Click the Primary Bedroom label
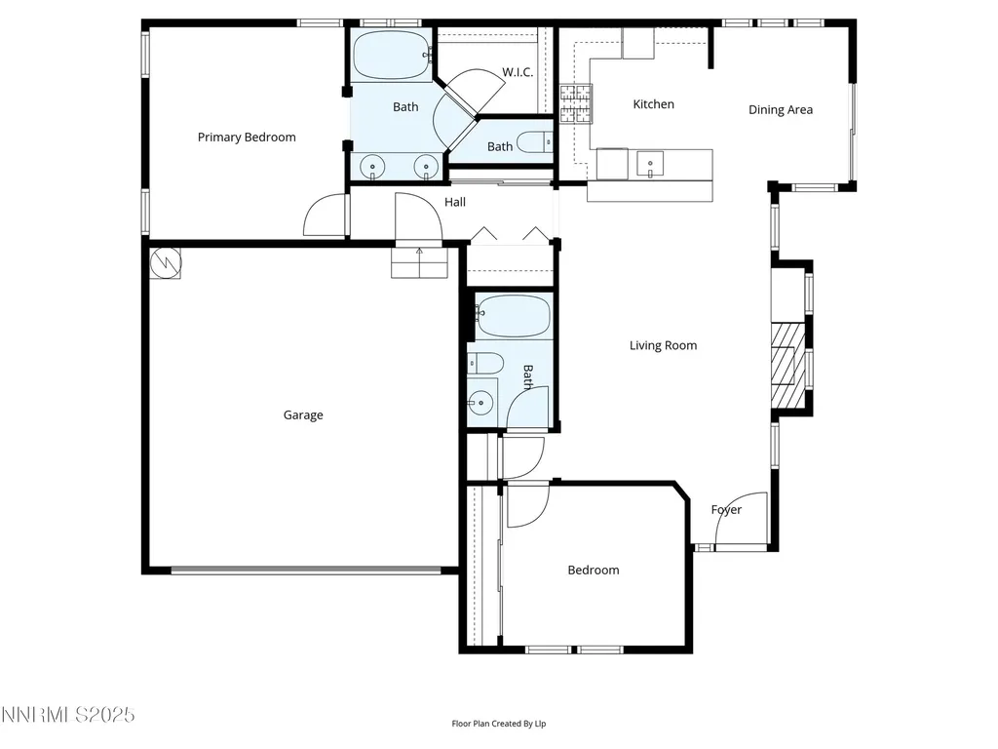point(247,137)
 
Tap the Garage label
point(303,415)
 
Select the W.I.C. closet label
point(518,72)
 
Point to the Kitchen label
point(653,103)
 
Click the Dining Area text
point(781,109)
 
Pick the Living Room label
point(663,345)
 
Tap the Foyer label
point(726,509)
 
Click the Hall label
point(455,202)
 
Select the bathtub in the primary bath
point(392,56)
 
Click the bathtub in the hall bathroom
point(513,315)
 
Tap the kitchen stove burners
point(575,103)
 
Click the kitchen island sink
point(650,164)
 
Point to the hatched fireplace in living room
point(787,365)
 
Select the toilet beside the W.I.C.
point(533,142)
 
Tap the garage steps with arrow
point(419,262)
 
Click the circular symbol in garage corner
point(166,261)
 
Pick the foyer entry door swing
point(742,518)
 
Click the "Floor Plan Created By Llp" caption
point(499,724)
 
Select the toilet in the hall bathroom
point(485,363)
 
